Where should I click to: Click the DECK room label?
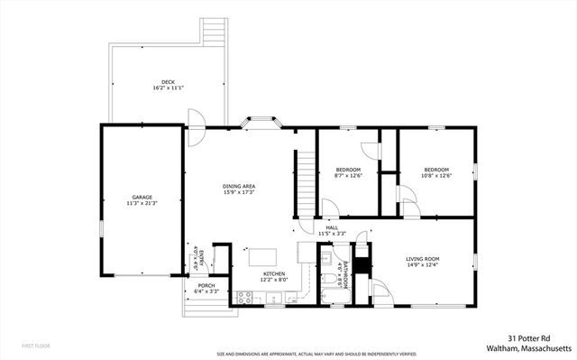click(x=159, y=81)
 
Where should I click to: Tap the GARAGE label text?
click(x=142, y=197)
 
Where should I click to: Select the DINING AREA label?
click(x=239, y=186)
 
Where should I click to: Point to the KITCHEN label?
click(x=274, y=273)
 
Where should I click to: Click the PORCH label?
click(x=206, y=284)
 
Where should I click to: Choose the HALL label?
click(x=332, y=227)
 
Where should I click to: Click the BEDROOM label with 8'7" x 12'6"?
click(x=348, y=170)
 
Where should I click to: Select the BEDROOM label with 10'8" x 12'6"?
click(x=437, y=170)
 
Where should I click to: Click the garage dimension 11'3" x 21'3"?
click(x=142, y=204)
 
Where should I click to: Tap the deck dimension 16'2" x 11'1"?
click(x=159, y=88)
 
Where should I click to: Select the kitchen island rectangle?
click(x=263, y=257)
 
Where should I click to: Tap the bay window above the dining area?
click(x=263, y=121)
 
